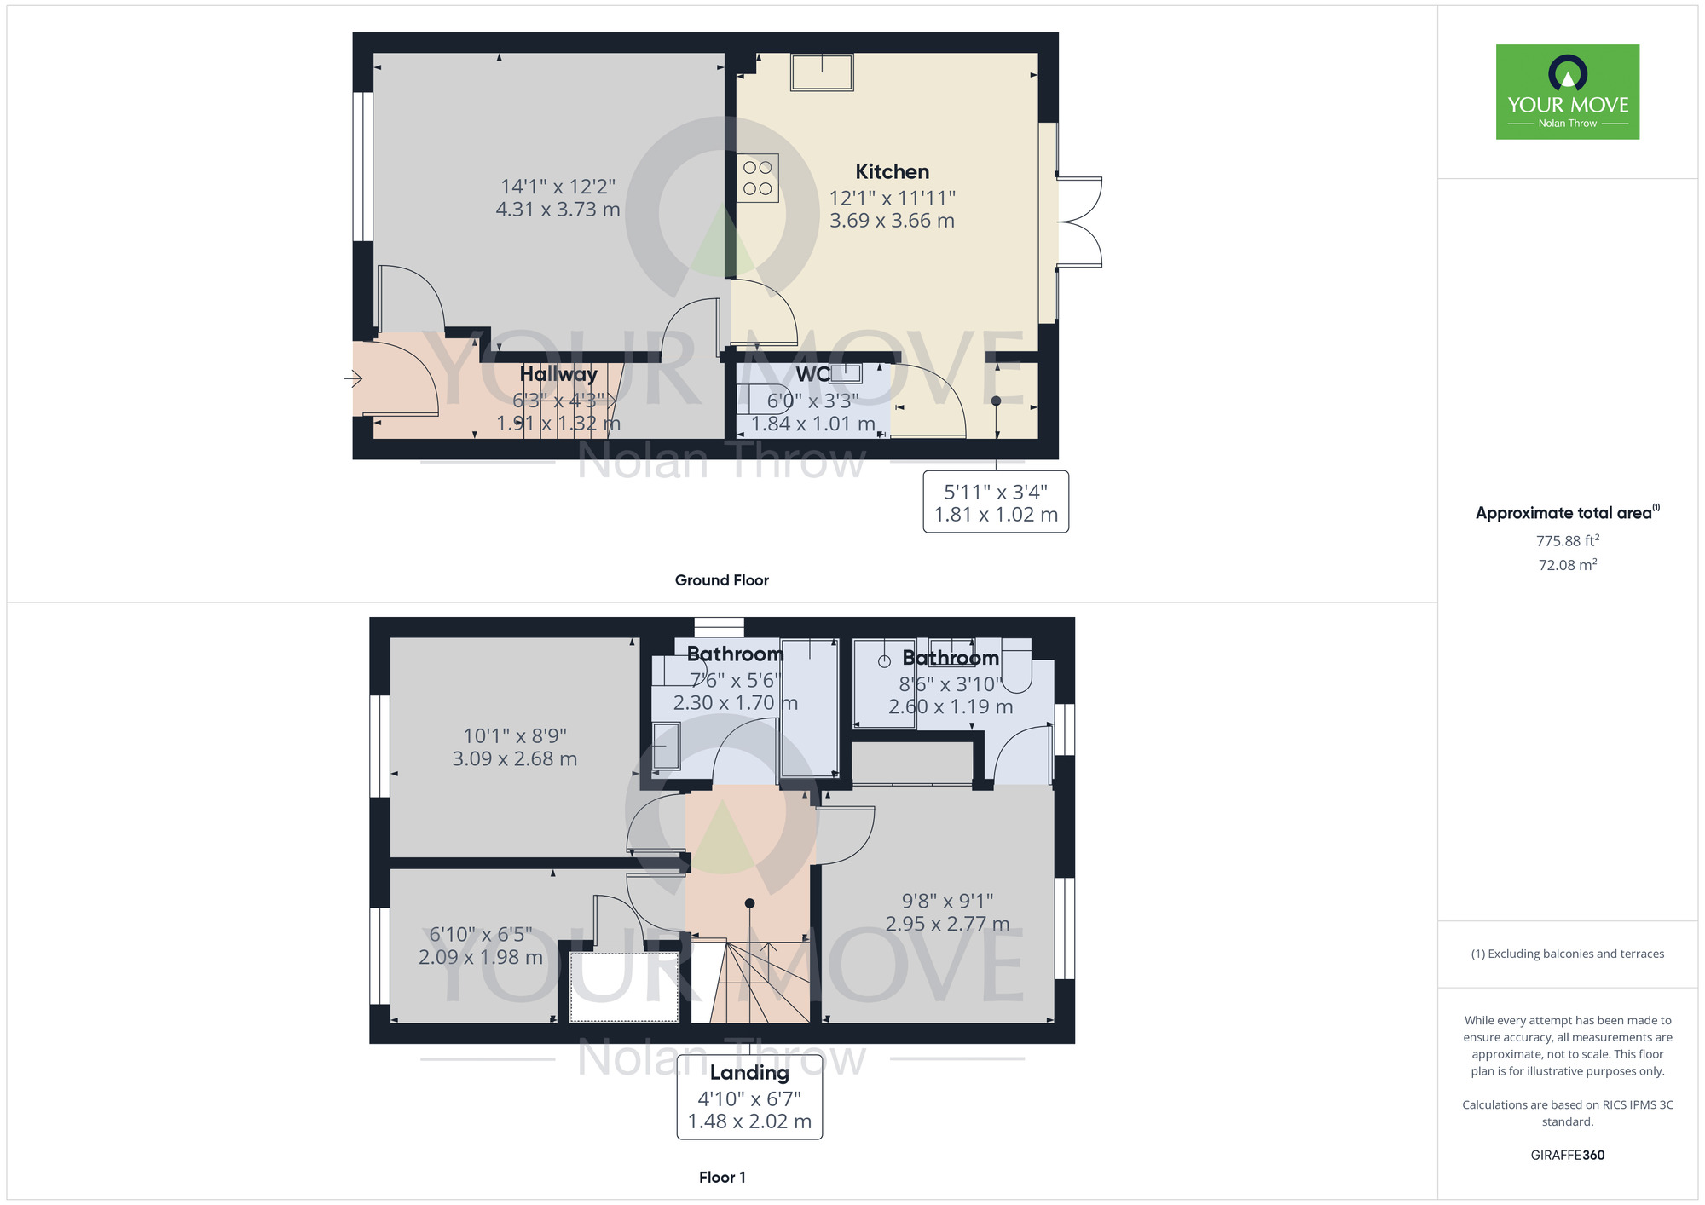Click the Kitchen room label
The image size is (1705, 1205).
pos(892,171)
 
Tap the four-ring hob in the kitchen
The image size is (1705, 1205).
pos(758,178)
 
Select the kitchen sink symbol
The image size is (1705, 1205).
pos(822,72)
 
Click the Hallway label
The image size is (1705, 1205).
pos(558,373)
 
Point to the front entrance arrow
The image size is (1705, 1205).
pos(354,378)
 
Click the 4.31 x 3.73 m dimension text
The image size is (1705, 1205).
pos(558,210)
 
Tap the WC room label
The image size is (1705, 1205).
pos(812,374)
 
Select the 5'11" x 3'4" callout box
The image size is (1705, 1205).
pos(996,503)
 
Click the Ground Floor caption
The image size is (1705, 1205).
pos(722,580)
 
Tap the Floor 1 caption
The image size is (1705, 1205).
pos(722,1178)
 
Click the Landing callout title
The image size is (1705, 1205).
pos(749,1073)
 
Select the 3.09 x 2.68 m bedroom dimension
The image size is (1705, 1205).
pos(515,758)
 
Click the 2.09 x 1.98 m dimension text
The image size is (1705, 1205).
pos(481,957)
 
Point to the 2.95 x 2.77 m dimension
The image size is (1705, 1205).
pos(947,924)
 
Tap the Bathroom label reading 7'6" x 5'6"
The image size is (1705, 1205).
pos(735,654)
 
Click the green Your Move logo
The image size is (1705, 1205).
pos(1568,92)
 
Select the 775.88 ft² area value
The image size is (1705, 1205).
pos(1568,541)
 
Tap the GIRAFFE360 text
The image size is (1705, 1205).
pos(1568,1156)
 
